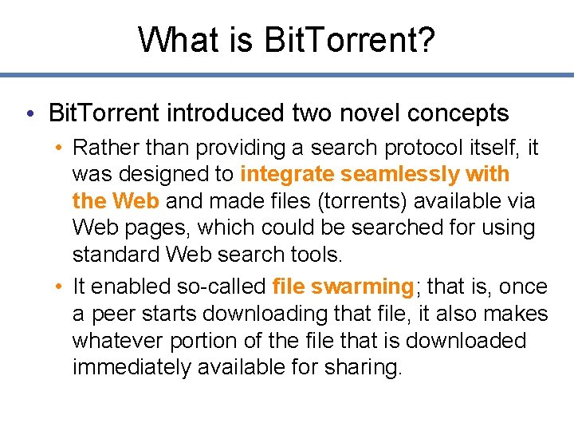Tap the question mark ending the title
(x=427, y=39)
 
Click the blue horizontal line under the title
(x=287, y=75)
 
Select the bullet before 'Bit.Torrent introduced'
(x=29, y=113)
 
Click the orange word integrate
(x=287, y=174)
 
